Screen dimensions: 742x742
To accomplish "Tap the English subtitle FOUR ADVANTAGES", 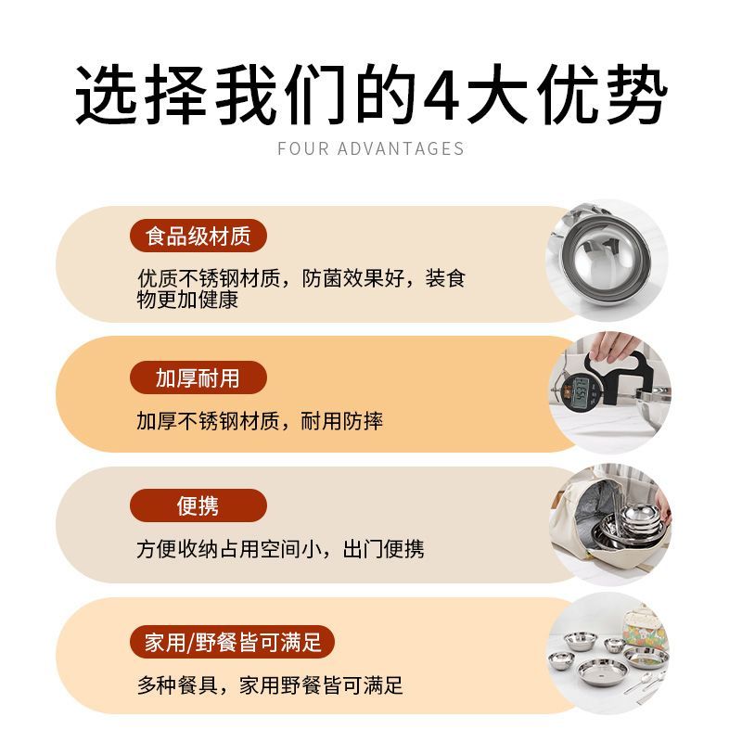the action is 370,148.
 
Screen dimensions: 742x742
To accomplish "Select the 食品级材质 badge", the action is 198,236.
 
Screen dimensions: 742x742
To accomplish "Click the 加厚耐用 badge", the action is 198,377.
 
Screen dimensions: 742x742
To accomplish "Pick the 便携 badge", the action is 198,505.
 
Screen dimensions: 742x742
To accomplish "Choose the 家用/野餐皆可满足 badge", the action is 233,642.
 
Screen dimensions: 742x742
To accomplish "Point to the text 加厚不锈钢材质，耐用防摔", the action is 260,421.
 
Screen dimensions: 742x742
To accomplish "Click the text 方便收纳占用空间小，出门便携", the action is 280,549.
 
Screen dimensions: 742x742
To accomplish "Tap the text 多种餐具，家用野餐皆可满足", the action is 270,684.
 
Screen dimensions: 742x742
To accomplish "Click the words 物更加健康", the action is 187,300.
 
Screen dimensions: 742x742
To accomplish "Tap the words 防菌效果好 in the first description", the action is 352,277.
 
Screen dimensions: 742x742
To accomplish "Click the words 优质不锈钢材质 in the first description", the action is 209,277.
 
